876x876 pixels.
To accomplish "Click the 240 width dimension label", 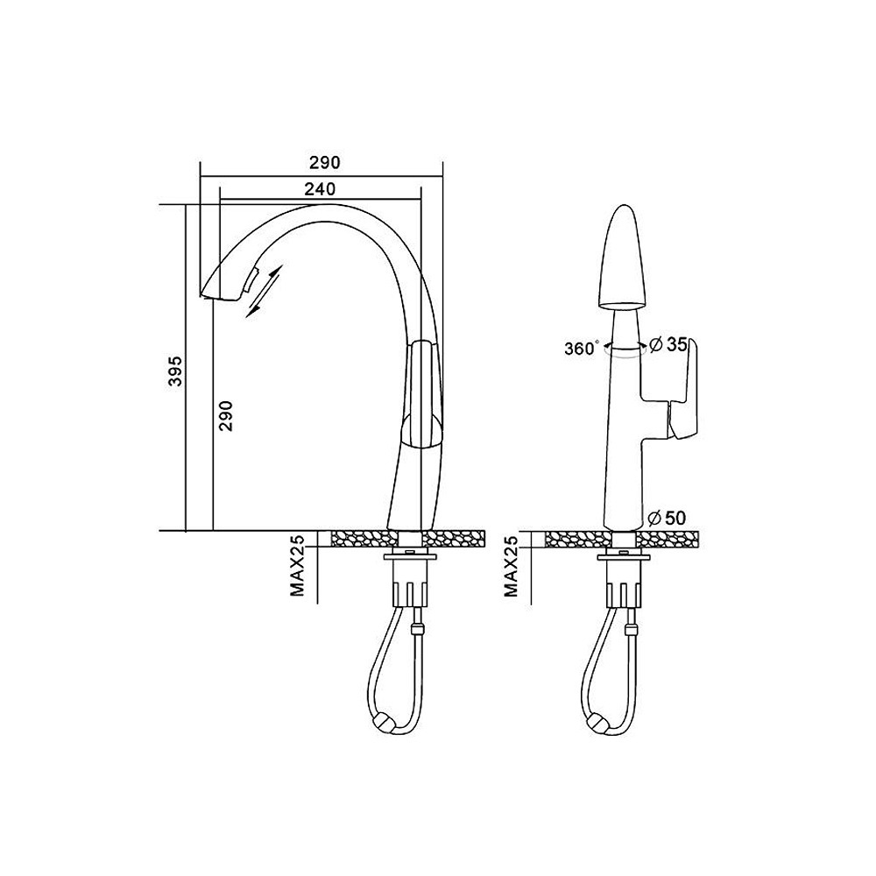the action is [320, 189].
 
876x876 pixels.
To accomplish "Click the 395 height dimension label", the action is [176, 371].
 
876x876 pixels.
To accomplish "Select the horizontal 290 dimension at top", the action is [324, 163].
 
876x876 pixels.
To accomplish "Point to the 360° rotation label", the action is [582, 348].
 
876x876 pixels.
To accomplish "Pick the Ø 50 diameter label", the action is [667, 518].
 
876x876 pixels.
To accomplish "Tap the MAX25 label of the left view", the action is [297, 565].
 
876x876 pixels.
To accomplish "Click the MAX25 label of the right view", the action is [511, 565].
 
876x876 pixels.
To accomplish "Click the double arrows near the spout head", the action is [265, 291].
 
